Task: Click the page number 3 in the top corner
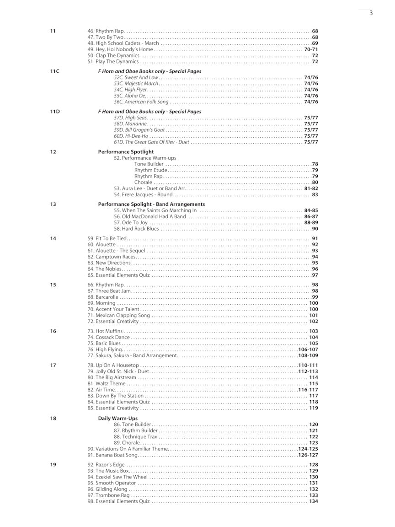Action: (371, 13)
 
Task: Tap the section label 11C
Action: (55, 71)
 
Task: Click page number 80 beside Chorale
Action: (315, 183)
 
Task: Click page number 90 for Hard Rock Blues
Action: (315, 229)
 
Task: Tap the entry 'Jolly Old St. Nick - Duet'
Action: (118, 371)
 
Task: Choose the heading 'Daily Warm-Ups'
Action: (117, 419)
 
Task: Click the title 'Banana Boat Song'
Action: (112, 455)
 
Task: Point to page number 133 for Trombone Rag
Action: (314, 495)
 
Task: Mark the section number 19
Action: (53, 465)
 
